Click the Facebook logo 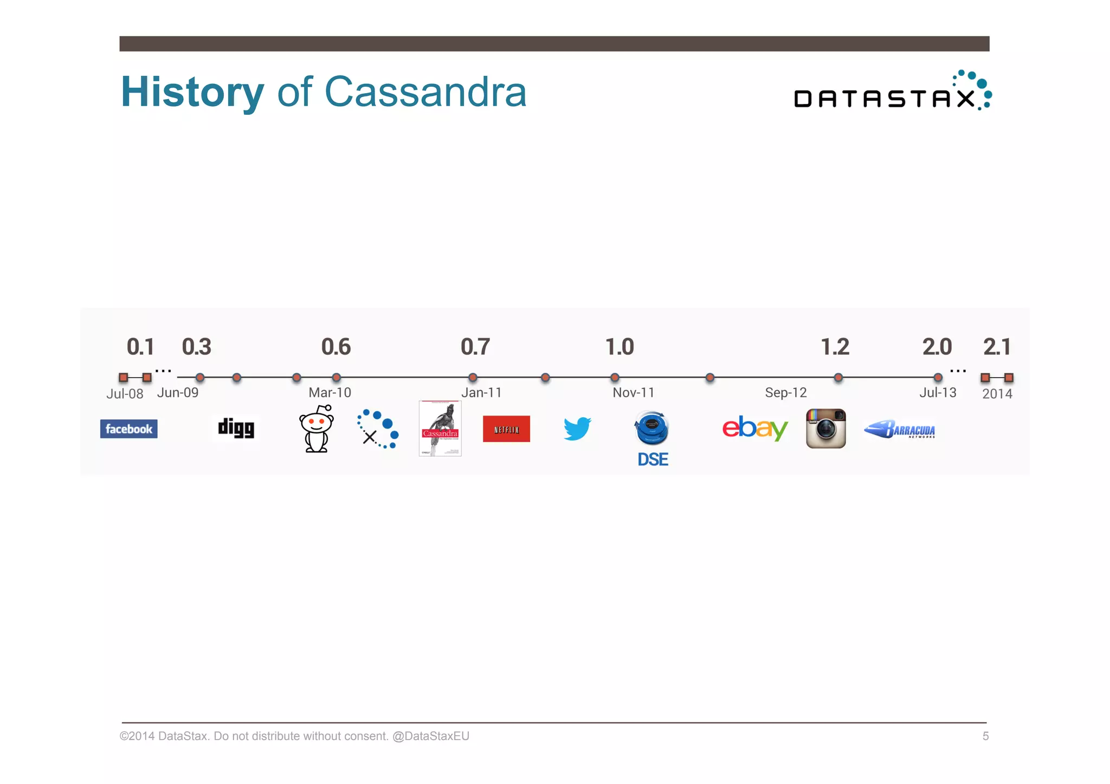point(128,429)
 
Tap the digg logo point(236,428)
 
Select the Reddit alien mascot point(317,429)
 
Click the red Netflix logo point(506,429)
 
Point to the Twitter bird point(577,429)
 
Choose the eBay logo point(754,428)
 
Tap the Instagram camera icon point(825,429)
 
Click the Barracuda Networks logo point(900,429)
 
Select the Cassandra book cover point(440,428)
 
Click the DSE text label point(653,459)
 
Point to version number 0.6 point(336,347)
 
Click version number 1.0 point(619,347)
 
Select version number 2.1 point(997,347)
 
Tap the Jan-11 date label point(481,392)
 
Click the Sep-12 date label point(785,392)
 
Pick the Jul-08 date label point(125,394)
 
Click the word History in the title point(192,92)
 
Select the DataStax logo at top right point(892,92)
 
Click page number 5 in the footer point(985,736)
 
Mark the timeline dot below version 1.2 point(838,377)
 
